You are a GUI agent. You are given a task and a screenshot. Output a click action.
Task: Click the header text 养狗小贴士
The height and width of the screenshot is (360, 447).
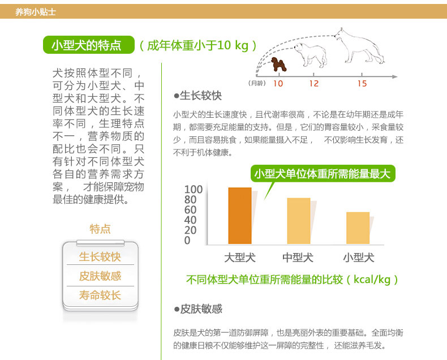35,12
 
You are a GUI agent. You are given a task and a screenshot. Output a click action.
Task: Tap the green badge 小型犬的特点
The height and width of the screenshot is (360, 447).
89,45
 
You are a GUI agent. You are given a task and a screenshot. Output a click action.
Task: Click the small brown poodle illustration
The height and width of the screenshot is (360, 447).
278,64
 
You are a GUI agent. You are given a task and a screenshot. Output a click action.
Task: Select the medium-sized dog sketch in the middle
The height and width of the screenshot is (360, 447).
310,55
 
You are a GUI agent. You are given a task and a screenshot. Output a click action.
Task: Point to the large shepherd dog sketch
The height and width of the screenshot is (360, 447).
359,46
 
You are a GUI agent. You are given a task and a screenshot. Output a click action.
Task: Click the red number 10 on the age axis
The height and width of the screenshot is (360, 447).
278,84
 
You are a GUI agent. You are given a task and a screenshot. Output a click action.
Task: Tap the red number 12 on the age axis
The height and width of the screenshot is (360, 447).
313,84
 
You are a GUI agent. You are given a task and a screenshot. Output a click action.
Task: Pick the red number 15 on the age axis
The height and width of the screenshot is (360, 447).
362,84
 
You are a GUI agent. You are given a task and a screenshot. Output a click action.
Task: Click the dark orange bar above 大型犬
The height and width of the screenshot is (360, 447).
240,216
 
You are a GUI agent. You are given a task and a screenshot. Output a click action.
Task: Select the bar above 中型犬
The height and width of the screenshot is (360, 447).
299,221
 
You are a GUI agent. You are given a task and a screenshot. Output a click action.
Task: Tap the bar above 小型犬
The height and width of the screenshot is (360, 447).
358,228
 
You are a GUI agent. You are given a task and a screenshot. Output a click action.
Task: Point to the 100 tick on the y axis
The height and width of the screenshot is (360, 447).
194,190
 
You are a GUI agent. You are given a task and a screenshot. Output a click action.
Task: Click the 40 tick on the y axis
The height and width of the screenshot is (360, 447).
191,220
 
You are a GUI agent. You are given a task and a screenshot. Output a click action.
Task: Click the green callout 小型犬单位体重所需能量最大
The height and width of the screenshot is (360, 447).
323,173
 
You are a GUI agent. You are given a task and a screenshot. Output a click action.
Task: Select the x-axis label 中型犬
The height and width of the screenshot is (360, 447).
298,258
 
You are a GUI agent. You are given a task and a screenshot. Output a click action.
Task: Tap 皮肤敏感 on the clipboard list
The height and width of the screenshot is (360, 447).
100,276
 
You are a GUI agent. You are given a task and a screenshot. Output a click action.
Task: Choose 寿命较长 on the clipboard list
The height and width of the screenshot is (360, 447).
100,295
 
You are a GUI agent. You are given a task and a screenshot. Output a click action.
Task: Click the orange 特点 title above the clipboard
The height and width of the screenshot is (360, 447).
100,229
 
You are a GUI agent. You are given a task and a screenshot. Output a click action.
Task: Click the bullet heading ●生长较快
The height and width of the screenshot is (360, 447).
197,96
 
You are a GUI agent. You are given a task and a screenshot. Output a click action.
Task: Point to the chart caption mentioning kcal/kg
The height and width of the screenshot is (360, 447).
292,280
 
